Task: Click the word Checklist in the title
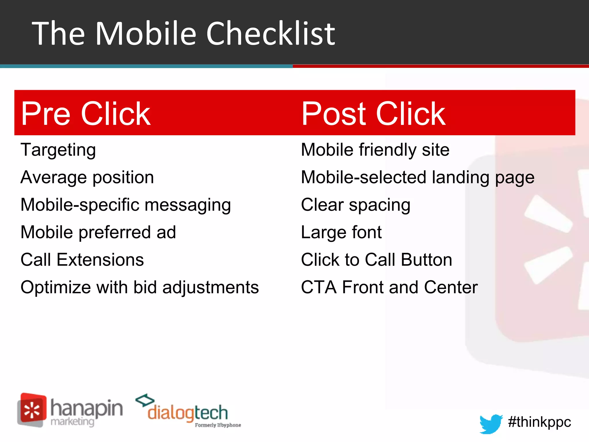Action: click(x=270, y=34)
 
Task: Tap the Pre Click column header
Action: click(x=86, y=114)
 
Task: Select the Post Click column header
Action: click(x=373, y=114)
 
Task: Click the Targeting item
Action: click(x=58, y=150)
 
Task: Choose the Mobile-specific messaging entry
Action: click(x=126, y=205)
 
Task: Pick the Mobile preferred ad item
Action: click(x=98, y=232)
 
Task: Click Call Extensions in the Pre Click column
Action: click(x=82, y=260)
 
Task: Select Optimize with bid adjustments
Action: click(x=140, y=287)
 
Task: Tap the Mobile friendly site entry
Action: click(x=375, y=150)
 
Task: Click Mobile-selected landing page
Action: click(x=418, y=177)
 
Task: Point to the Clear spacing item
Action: click(x=355, y=205)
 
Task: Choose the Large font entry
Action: click(x=341, y=232)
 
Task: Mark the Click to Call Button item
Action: click(x=376, y=260)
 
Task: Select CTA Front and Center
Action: click(x=389, y=287)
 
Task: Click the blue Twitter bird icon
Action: click(x=490, y=423)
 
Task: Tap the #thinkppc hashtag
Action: click(x=540, y=422)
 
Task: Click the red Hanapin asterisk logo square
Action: click(x=32, y=409)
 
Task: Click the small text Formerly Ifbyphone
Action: click(x=218, y=425)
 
